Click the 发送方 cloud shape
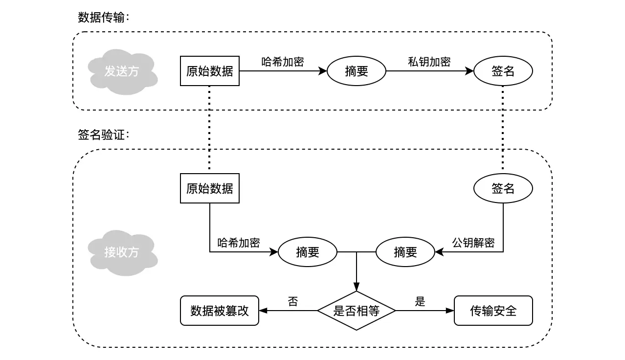pos(122,71)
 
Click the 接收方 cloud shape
pos(122,252)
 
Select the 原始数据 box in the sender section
pos(210,71)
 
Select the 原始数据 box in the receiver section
pos(210,188)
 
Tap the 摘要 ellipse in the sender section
pos(357,71)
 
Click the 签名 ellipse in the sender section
pos(503,71)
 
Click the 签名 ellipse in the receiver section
pos(503,188)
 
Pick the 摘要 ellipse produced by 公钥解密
pos(405,252)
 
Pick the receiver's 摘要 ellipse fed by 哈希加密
pos(308,252)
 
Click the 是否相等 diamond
pos(356,311)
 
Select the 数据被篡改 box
pos(220,311)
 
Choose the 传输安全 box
pos(493,311)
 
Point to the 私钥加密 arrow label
pos(429,62)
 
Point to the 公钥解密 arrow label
pos(473,243)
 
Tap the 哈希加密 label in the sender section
pos(283,62)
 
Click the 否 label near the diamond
pos(292,301)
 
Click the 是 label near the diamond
pos(420,301)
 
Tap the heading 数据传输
pos(104,18)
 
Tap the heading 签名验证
pos(104,135)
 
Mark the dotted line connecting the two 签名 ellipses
pos(503,130)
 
